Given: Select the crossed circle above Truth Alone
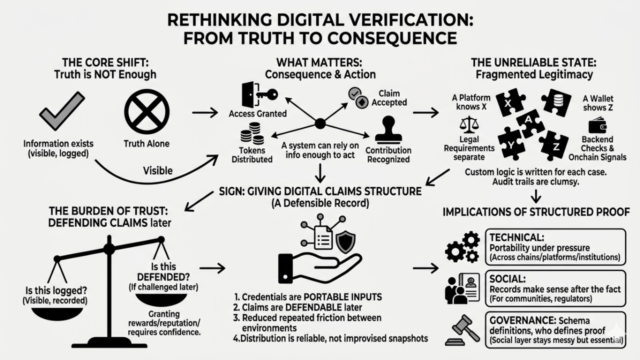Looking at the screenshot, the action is tap(146, 110).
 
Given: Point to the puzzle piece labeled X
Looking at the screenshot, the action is tap(509, 102).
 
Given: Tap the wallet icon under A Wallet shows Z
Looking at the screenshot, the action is tap(597, 125).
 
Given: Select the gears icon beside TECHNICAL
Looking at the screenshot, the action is tap(462, 246).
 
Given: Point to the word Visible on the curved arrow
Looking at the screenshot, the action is tap(157, 170).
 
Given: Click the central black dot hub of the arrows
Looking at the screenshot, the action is tap(320, 123).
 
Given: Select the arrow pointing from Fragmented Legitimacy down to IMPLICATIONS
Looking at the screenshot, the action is tap(536, 195).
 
